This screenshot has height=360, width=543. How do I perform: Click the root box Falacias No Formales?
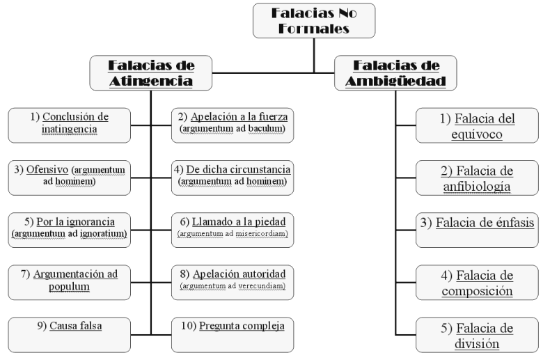(314, 21)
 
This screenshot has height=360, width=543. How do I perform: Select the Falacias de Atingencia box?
(151, 73)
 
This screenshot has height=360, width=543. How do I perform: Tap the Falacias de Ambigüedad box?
(395, 73)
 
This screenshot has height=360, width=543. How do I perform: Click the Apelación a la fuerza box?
(233, 123)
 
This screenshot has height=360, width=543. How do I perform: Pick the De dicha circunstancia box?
(233, 176)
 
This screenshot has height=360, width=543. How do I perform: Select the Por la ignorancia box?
(69, 228)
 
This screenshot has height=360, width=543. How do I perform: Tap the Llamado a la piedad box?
(233, 228)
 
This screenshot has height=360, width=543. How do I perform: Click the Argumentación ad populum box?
(69, 281)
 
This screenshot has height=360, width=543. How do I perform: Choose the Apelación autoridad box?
(233, 279)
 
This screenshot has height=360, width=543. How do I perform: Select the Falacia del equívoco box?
(477, 126)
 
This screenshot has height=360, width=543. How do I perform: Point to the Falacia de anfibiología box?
(477, 178)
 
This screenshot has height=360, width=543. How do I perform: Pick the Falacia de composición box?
(477, 283)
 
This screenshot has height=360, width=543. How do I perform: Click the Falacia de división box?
(477, 336)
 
